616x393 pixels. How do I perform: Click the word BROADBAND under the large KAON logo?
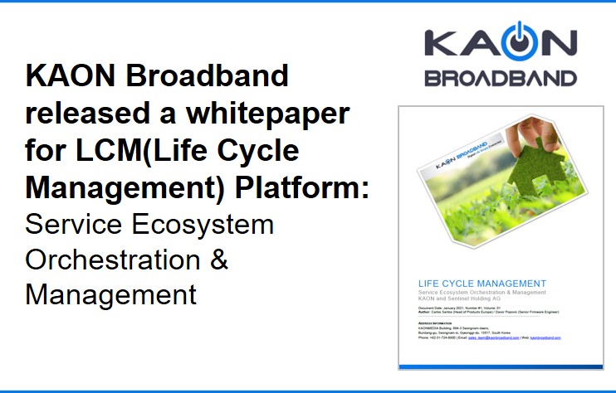500,78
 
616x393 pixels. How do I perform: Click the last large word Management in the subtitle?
110,294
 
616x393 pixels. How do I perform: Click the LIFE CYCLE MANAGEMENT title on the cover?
470,284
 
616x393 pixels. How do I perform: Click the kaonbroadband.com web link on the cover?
545,338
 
